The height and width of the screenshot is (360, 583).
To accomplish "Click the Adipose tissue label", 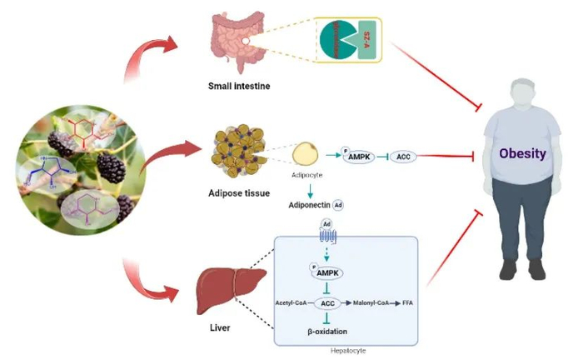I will point(239,193).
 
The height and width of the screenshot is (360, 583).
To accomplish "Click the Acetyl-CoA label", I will point(294,303).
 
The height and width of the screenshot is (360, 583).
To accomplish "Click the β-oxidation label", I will point(328,331).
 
